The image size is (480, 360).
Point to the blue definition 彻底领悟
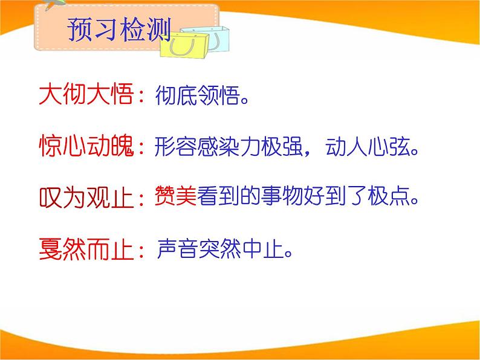[194, 95]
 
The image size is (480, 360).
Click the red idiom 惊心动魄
[85, 147]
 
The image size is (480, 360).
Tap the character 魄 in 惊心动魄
[120, 147]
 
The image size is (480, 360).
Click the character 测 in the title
[158, 29]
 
